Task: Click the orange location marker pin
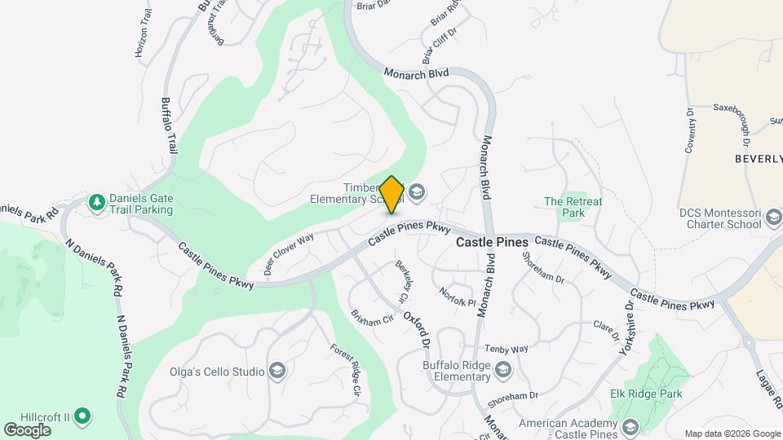pos(392,194)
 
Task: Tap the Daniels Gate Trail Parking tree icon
pos(97,200)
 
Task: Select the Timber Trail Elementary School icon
pos(417,192)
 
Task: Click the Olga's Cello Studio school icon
pos(277,372)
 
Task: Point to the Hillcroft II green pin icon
pos(82,417)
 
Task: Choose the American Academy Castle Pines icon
pos(630,426)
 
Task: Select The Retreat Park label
pos(573,207)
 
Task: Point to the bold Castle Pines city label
pos(492,243)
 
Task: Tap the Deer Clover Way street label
pos(289,255)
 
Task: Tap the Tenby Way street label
pos(507,349)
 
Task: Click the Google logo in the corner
pos(27,430)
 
